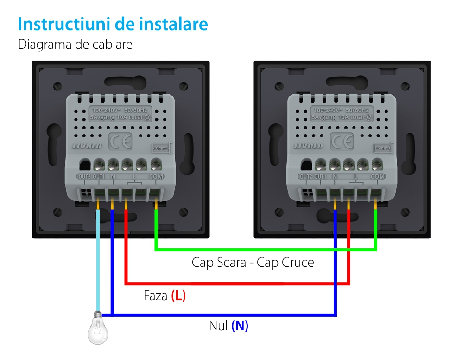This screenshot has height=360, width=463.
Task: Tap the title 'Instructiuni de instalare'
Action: (113, 25)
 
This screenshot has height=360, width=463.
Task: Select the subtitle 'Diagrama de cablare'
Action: (75, 45)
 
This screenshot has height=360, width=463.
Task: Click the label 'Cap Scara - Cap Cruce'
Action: (253, 263)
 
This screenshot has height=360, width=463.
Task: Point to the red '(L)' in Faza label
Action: (178, 296)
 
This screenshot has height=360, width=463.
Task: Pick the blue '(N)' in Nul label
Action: (240, 326)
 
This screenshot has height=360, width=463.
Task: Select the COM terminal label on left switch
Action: (156, 177)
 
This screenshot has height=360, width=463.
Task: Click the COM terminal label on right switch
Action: (378, 177)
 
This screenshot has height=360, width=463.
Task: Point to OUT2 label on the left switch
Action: (84, 177)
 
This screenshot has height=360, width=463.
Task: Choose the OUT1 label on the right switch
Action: (320, 177)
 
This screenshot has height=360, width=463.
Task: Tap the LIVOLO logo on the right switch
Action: (308, 146)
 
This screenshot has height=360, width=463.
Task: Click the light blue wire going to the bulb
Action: (98, 260)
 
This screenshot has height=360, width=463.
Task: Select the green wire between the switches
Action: (264, 250)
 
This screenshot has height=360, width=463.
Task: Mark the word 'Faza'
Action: (155, 296)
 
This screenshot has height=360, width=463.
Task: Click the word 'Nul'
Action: (218, 326)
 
